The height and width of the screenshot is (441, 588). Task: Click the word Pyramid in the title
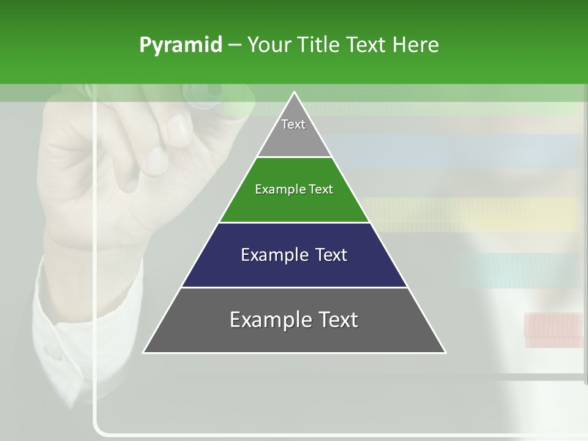[181, 45]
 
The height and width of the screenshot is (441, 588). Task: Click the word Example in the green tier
[276, 189]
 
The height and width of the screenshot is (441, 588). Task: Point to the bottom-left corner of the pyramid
[145, 352]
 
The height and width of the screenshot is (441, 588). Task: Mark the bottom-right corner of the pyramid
[445, 352]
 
